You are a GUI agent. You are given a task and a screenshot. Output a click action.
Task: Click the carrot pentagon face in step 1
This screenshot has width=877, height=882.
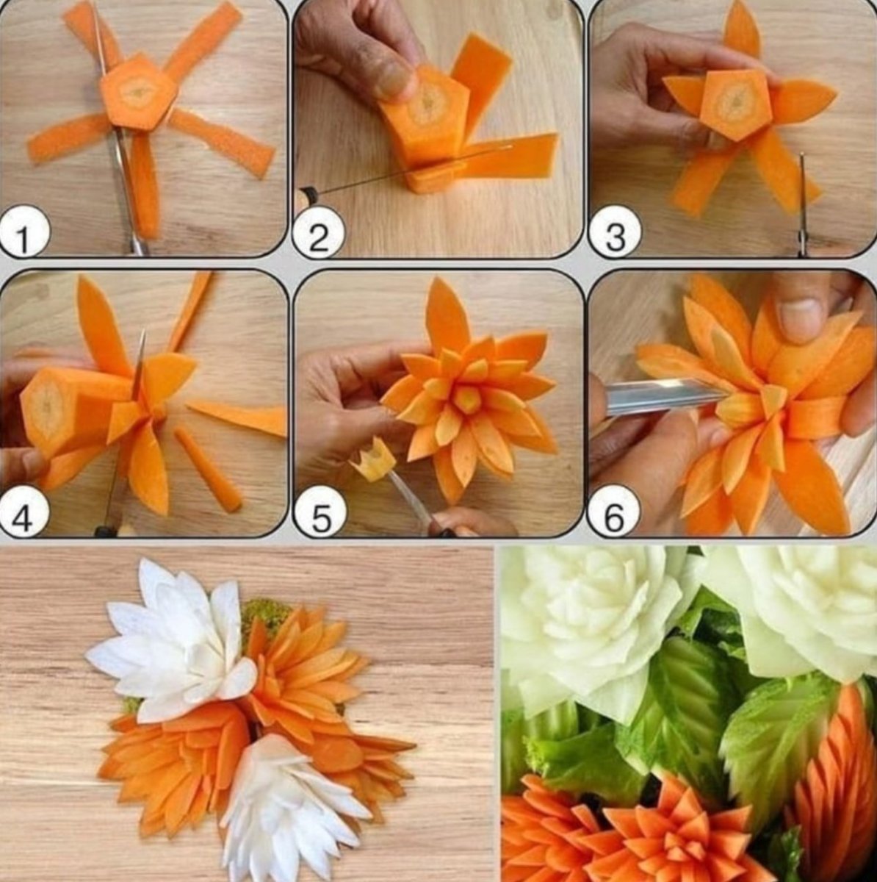[x=138, y=93]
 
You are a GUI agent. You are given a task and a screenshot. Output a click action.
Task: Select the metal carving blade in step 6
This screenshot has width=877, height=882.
[x=663, y=398]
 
